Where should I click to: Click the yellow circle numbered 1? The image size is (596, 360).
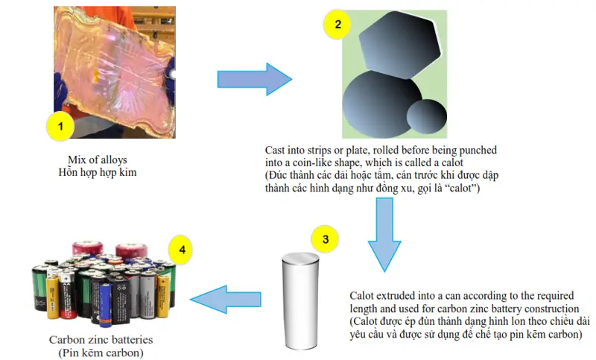click(60, 127)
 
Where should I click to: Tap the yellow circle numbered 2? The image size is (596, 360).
click(337, 25)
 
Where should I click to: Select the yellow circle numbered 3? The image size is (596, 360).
click(325, 239)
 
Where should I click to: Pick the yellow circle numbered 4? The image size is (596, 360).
click(180, 250)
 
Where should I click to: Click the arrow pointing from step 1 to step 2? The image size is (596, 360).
click(255, 79)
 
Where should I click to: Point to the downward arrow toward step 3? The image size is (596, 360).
click(384, 235)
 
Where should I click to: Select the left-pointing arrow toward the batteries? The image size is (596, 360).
click(226, 299)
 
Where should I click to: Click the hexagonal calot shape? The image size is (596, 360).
click(400, 45)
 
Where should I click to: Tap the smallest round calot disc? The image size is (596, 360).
click(427, 117)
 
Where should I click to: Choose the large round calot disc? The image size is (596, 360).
click(382, 104)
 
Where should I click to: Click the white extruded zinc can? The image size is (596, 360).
click(300, 300)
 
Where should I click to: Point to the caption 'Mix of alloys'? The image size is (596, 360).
click(98, 160)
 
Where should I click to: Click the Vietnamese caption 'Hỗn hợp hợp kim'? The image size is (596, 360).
click(98, 173)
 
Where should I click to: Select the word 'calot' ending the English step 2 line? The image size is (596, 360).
click(452, 162)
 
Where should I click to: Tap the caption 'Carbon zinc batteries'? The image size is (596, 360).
click(101, 339)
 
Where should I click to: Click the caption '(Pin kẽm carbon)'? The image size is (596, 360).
click(101, 353)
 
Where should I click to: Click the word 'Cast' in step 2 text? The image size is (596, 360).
click(275, 150)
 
